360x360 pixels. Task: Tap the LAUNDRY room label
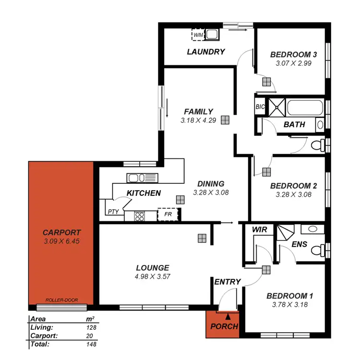(x=206, y=52)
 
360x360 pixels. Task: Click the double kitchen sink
(x=142, y=178)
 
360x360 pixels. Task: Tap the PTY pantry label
(x=113, y=212)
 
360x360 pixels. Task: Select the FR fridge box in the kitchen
(x=168, y=214)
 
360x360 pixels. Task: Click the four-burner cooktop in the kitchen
(x=140, y=216)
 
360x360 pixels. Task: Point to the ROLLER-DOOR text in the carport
(x=61, y=300)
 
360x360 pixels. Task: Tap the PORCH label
(x=224, y=327)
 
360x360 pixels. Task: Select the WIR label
(x=259, y=230)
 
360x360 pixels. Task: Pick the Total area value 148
(x=91, y=344)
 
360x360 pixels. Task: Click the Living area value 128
(x=91, y=327)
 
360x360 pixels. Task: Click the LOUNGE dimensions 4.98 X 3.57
(x=152, y=276)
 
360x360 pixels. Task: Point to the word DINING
(x=211, y=184)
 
